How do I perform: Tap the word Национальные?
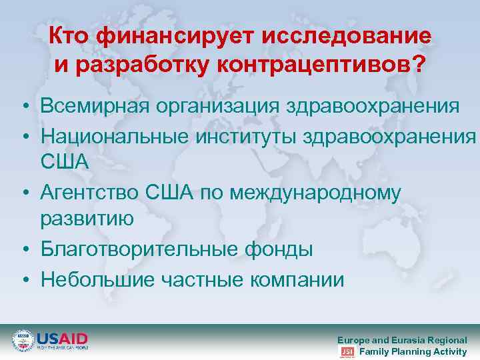113,135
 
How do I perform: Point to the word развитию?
87,218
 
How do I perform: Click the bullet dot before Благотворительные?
24,251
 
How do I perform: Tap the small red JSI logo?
347,351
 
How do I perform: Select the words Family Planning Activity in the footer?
413,351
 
